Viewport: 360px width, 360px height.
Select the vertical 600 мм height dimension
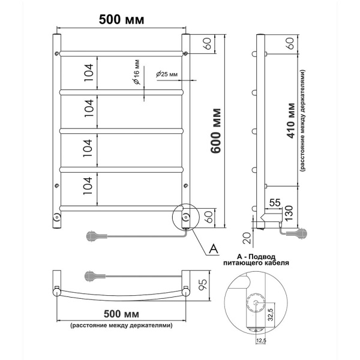point(217,130)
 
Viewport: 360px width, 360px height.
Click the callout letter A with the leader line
point(214,248)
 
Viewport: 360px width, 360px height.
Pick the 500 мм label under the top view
point(121,314)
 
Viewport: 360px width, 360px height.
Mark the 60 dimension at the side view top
point(290,43)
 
